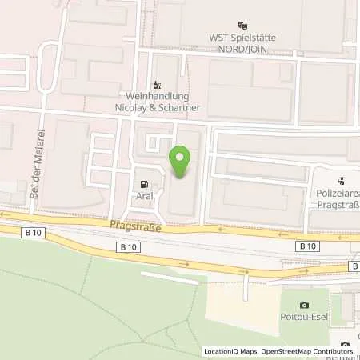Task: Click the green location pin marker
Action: pyautogui.click(x=182, y=162)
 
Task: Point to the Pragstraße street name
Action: pyautogui.click(x=136, y=228)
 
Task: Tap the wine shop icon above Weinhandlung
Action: pyautogui.click(x=157, y=85)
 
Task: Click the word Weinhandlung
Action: pyautogui.click(x=156, y=95)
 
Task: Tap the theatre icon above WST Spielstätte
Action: pyautogui.click(x=243, y=26)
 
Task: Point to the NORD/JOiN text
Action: pyautogui.click(x=243, y=46)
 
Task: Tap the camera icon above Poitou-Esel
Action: pyautogui.click(x=304, y=306)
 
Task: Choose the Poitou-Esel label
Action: pyautogui.click(x=304, y=318)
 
